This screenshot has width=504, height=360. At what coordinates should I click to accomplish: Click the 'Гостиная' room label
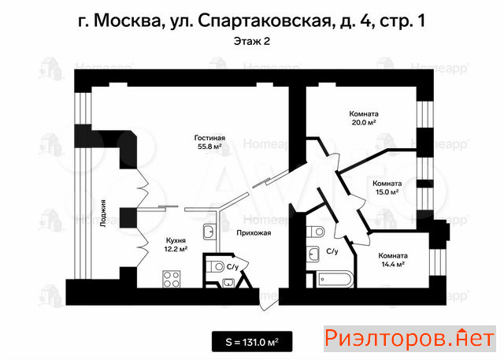click(x=209, y=138)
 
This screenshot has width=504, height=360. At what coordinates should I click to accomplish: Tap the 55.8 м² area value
click(x=209, y=147)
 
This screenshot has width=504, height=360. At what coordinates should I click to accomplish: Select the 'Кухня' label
click(x=176, y=240)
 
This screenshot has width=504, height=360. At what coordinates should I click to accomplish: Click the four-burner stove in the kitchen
click(x=172, y=279)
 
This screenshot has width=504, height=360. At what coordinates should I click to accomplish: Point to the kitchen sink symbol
click(x=210, y=232)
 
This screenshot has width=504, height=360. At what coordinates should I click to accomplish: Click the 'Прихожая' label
click(x=254, y=232)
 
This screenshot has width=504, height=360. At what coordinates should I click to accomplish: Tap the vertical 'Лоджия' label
click(x=103, y=213)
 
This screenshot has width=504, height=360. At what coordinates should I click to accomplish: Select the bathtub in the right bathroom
click(x=333, y=280)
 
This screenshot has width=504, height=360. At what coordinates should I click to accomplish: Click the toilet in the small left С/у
click(x=216, y=266)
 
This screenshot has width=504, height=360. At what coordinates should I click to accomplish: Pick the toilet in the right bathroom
click(x=316, y=231)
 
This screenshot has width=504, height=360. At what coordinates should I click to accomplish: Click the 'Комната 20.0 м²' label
click(x=364, y=118)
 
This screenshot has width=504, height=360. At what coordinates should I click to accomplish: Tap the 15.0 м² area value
click(x=387, y=192)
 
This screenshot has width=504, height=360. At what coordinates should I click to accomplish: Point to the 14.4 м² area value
click(x=393, y=265)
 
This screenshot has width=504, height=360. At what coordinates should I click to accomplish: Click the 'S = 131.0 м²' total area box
click(x=252, y=342)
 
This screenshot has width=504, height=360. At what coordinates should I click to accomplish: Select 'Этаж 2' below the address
click(x=252, y=42)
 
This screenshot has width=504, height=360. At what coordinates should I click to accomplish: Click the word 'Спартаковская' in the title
click(x=265, y=21)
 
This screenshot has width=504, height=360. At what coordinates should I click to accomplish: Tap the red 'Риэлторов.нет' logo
click(x=409, y=339)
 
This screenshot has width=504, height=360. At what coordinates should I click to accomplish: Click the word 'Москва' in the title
click(x=128, y=21)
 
